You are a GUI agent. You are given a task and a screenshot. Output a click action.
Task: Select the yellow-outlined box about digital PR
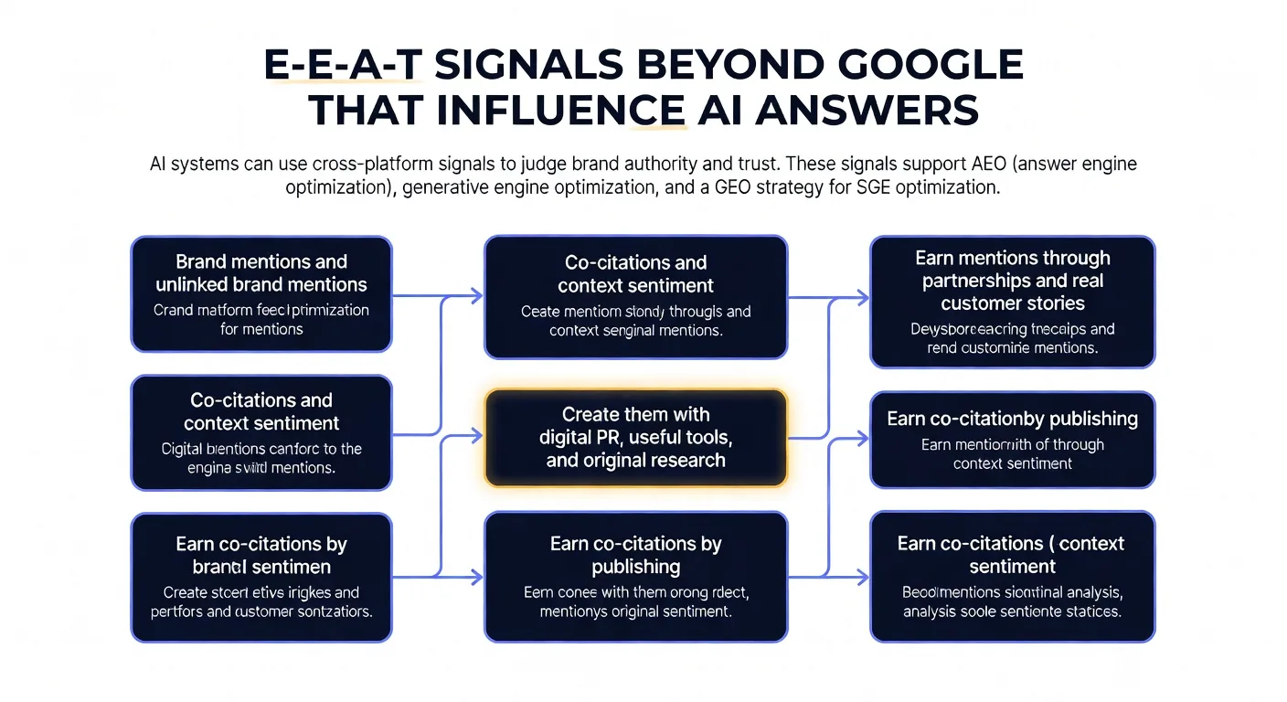tap(635, 438)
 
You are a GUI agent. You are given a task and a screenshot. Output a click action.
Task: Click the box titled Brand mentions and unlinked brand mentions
tap(261, 293)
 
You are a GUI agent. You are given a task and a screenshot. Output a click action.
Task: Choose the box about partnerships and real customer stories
tap(1012, 302)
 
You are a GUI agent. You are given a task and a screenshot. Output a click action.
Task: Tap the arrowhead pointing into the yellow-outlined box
tap(476, 438)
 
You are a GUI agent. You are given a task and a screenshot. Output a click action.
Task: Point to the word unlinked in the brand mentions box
tap(197, 284)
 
